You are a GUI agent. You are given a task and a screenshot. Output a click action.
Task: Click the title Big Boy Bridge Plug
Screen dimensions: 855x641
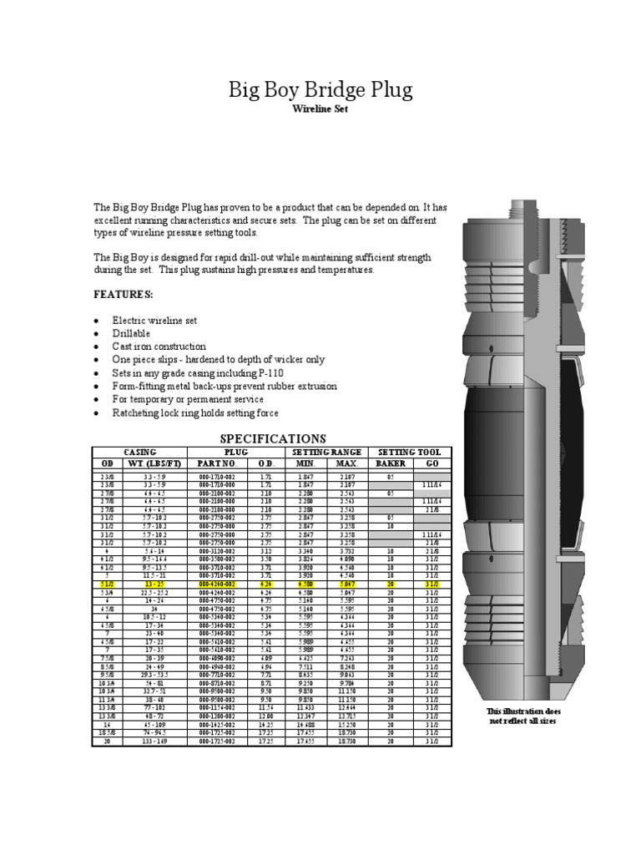(320, 89)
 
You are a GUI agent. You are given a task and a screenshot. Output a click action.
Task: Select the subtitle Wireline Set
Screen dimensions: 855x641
(320, 109)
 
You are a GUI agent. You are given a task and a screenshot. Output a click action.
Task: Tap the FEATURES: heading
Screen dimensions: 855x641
(124, 295)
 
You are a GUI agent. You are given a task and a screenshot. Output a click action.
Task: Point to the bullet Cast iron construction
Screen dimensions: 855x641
(159, 347)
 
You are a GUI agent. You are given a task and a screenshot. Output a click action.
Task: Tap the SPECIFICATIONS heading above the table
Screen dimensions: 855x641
(272, 438)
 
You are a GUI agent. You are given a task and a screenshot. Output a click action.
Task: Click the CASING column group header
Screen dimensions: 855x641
(139, 451)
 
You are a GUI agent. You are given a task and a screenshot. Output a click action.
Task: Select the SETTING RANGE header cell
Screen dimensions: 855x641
(329, 451)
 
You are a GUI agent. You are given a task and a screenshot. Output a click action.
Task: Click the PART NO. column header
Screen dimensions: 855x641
(217, 463)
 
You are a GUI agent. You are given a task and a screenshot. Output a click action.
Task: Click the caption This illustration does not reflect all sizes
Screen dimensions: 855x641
(524, 716)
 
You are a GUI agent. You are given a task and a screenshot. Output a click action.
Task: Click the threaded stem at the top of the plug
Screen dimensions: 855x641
(523, 220)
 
